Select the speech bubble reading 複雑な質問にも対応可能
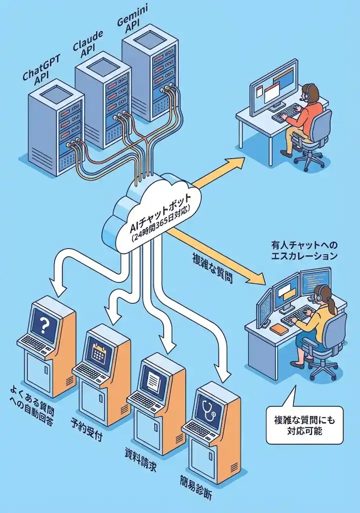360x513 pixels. (x=304, y=425)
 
